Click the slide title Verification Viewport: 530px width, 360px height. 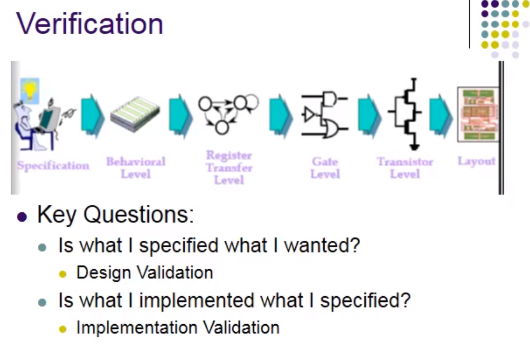[x=90, y=24]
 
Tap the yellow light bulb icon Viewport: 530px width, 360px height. [x=30, y=90]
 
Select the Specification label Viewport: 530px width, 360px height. [x=53, y=165]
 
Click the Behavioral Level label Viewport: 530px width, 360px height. [x=136, y=168]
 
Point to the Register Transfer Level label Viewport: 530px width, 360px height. [x=229, y=168]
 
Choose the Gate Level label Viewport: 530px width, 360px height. [x=325, y=168]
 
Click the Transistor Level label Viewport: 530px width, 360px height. [x=405, y=168]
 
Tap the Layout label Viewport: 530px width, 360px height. [x=476, y=161]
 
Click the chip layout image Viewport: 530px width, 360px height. [x=478, y=115]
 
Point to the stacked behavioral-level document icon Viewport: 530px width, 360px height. [x=135, y=115]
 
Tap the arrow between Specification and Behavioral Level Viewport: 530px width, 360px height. [x=92, y=116]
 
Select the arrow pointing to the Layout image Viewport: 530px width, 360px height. [x=441, y=116]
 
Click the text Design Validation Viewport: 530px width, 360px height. [x=145, y=273]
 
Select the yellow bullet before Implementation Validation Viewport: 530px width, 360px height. [x=63, y=329]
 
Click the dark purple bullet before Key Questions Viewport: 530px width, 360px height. [x=22, y=217]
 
